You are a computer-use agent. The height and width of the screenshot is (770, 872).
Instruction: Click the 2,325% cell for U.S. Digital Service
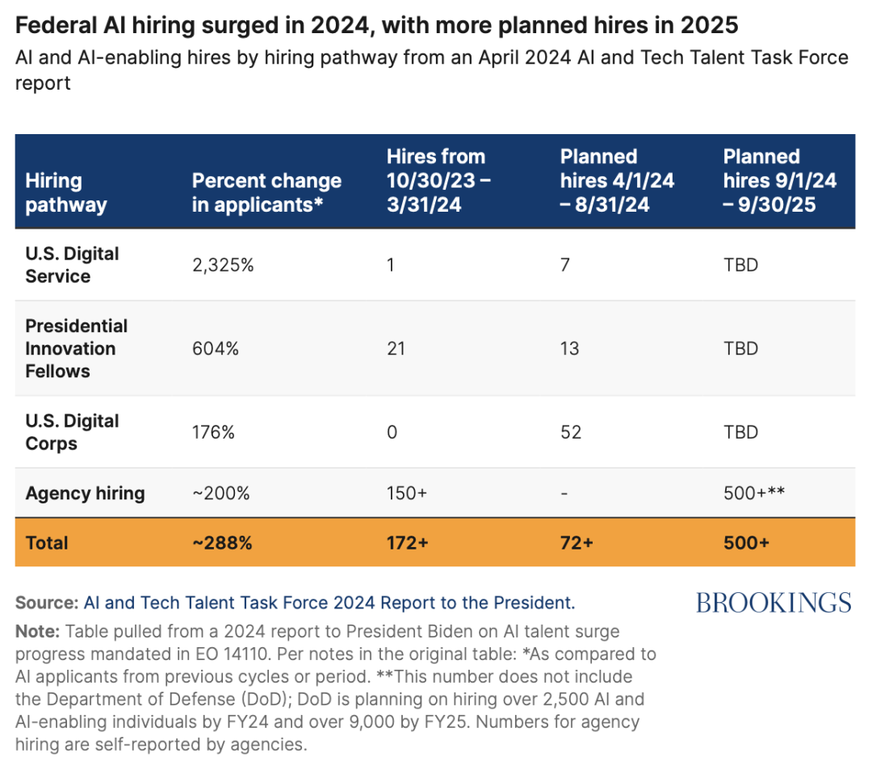(x=223, y=265)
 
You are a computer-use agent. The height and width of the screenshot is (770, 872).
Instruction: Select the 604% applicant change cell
(x=216, y=348)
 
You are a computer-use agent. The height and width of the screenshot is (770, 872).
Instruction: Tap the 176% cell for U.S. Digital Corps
(x=213, y=432)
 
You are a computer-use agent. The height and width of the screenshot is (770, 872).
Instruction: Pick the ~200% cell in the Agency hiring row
(x=220, y=493)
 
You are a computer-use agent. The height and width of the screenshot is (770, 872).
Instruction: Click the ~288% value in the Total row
(x=222, y=542)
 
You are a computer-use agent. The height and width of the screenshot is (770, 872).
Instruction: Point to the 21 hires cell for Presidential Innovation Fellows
(x=396, y=348)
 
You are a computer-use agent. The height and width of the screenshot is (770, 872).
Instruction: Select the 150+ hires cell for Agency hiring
(x=407, y=493)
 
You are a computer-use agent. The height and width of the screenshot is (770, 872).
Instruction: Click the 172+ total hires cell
(x=408, y=542)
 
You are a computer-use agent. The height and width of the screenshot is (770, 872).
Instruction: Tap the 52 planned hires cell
(x=571, y=432)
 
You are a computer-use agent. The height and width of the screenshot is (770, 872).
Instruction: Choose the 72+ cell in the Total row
(x=576, y=542)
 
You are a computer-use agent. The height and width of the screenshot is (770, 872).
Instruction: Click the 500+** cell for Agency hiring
(x=754, y=493)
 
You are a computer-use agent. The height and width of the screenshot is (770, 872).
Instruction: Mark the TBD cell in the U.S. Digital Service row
(x=740, y=265)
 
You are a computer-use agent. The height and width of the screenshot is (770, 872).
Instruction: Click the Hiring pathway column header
(x=66, y=192)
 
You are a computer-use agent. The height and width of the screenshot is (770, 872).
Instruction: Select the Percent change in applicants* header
(x=267, y=192)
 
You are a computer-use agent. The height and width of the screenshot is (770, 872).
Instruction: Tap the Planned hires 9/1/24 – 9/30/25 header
(x=780, y=180)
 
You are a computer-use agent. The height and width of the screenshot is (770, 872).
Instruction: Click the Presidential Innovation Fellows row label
(x=76, y=348)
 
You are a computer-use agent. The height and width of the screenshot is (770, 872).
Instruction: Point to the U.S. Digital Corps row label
(x=73, y=432)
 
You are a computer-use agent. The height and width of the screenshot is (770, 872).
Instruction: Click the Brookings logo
(x=773, y=603)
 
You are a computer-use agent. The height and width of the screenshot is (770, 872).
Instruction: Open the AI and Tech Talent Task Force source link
(x=329, y=603)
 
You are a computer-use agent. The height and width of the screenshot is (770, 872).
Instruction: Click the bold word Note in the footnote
(x=37, y=632)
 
